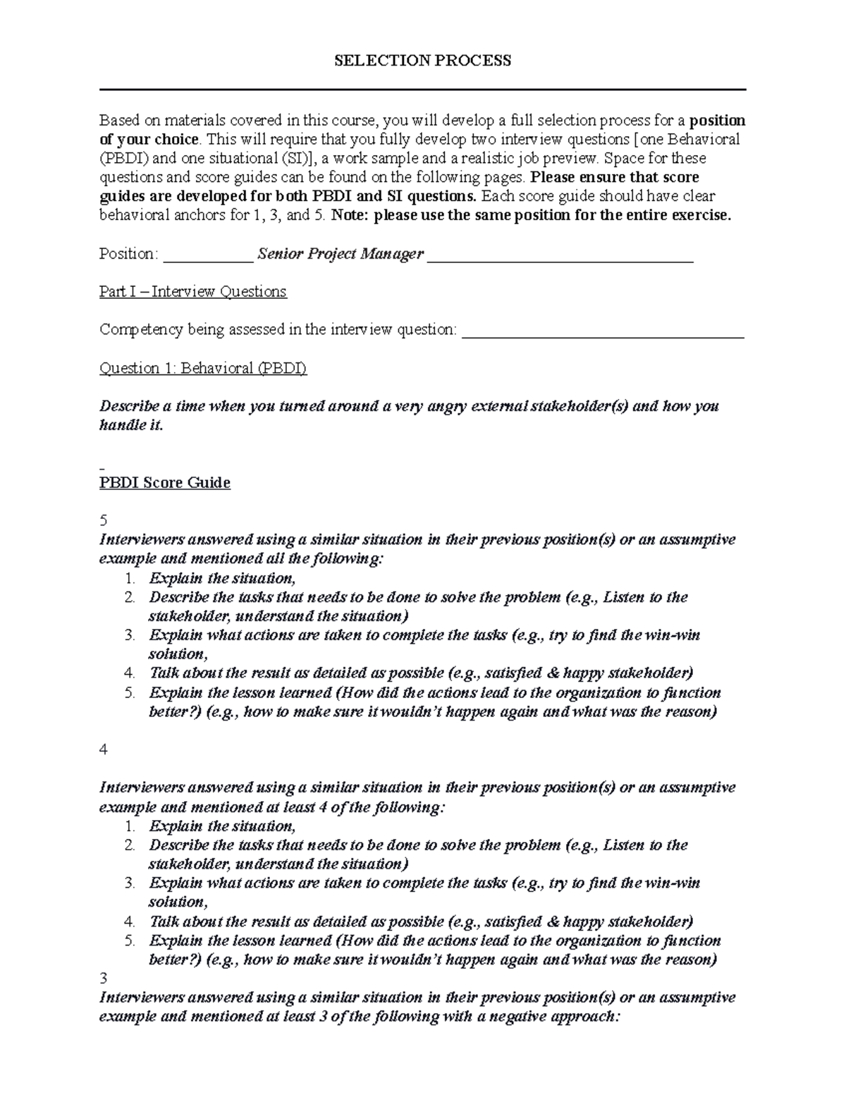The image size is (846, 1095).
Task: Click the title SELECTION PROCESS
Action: [422, 61]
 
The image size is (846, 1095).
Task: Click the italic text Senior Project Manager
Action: [341, 254]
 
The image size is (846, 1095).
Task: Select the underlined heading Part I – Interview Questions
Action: [192, 292]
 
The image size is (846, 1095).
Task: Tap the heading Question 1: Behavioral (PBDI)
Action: [203, 368]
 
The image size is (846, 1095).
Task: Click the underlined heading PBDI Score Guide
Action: [164, 483]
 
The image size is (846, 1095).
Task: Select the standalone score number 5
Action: [104, 521]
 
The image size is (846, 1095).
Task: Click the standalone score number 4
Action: [104, 750]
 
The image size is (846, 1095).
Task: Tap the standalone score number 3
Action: [104, 979]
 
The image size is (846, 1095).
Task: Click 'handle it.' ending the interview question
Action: [131, 426]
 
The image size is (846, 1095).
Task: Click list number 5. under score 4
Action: [130, 941]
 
